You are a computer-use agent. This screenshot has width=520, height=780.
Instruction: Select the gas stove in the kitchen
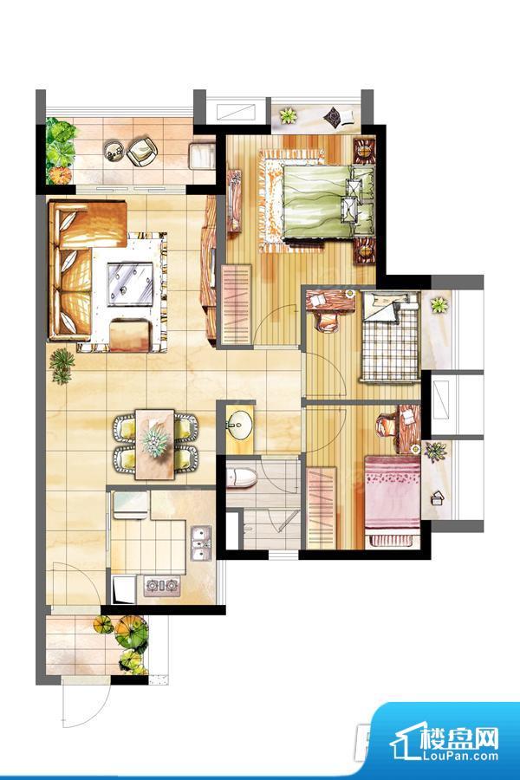162,586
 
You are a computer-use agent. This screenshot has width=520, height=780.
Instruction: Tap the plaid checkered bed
390,338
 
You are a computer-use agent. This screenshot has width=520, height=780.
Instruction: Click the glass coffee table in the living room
130,284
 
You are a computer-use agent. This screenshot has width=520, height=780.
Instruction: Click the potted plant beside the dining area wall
62,366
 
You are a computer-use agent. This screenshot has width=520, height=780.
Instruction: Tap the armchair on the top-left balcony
141,151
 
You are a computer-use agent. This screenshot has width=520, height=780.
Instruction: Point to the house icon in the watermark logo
407,740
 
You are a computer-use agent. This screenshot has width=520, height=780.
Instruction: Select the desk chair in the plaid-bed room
327,321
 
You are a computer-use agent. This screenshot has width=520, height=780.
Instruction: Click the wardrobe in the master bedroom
236,304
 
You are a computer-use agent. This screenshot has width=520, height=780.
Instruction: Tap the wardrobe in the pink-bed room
322,507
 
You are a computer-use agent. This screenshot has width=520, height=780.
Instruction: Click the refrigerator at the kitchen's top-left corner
130,504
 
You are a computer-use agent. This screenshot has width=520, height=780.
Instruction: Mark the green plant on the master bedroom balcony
288,116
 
